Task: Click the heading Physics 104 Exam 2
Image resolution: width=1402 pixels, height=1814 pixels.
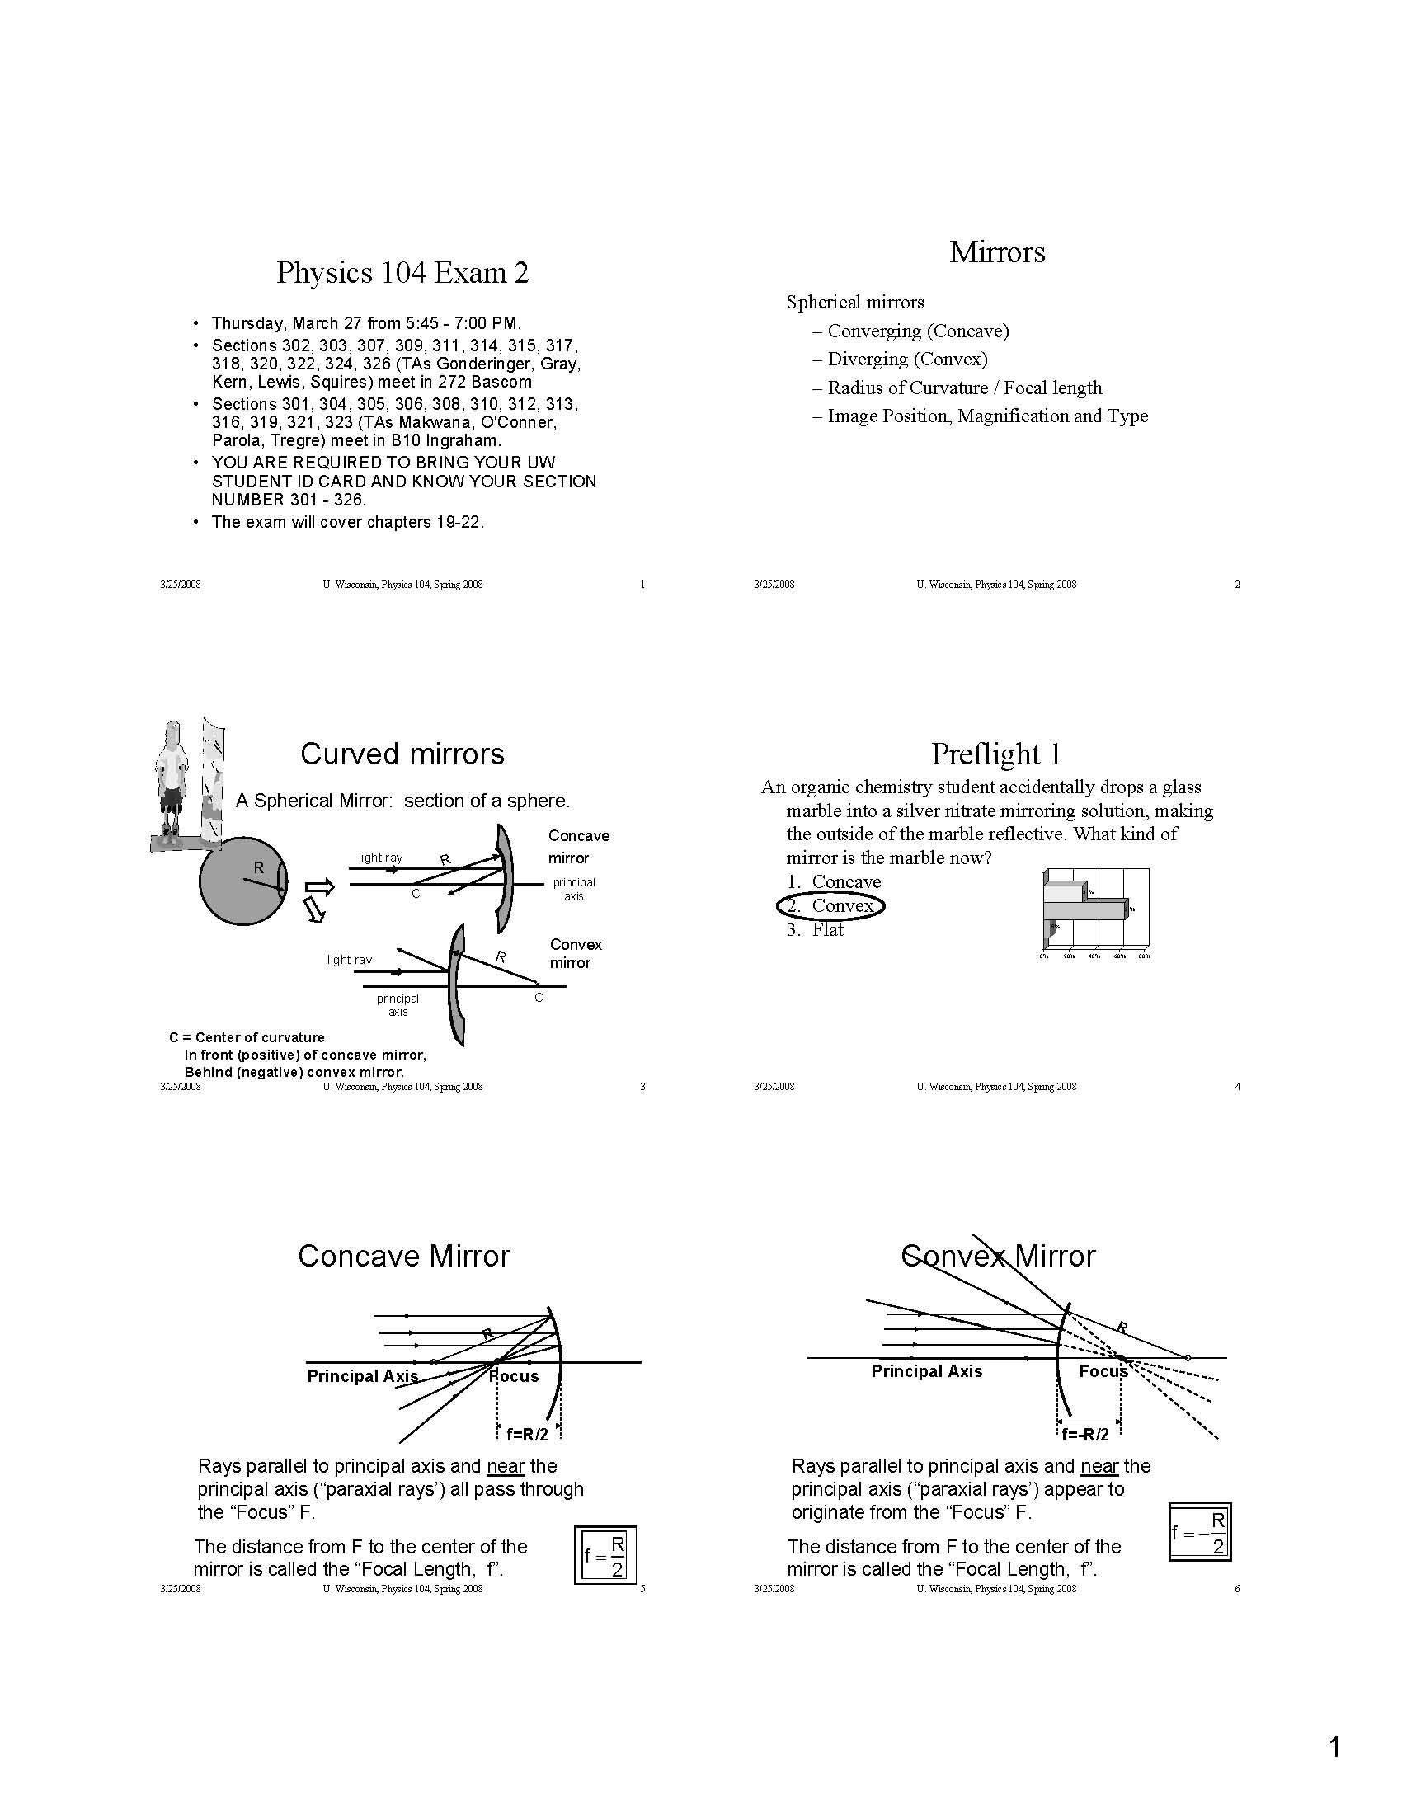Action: [402, 272]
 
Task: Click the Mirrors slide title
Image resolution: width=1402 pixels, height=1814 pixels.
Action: [997, 251]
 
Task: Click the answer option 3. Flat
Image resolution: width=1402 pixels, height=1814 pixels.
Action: [816, 929]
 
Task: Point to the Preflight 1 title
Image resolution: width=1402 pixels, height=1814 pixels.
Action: [996, 754]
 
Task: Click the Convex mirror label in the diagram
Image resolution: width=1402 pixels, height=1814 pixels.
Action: [575, 952]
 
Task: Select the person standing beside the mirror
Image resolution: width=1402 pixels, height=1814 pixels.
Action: [172, 777]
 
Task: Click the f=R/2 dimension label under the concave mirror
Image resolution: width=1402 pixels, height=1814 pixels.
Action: [528, 1434]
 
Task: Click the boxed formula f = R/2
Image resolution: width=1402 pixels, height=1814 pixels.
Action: [605, 1555]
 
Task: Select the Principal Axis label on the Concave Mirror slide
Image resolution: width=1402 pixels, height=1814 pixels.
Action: [362, 1375]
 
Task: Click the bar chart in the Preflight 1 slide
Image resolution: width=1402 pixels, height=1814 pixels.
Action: [1094, 912]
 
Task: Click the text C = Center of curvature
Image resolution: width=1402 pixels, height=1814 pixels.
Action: [247, 1037]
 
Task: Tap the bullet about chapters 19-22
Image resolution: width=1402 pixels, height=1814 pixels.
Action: [347, 522]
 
